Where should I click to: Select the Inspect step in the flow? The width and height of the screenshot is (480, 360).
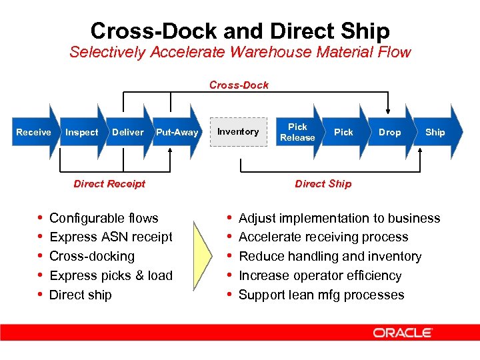click(82, 132)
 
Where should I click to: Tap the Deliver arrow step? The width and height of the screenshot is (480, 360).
click(128, 132)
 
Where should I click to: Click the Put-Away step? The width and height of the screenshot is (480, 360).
click(177, 132)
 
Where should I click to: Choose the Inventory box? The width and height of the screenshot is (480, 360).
click(238, 131)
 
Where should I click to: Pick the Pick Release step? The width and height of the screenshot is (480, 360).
click(297, 132)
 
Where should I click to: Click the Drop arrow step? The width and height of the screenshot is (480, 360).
click(390, 132)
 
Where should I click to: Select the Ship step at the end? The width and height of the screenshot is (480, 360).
click(436, 132)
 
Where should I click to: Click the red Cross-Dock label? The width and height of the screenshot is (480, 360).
click(239, 85)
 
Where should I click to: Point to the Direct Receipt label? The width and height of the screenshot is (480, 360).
click(109, 183)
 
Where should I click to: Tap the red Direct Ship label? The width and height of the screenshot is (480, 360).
click(323, 183)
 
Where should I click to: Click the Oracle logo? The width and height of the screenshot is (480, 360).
click(403, 333)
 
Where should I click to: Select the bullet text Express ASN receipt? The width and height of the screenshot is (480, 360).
click(111, 237)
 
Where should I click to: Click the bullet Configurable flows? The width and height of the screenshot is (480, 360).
click(104, 218)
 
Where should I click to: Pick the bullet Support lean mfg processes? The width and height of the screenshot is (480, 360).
click(321, 295)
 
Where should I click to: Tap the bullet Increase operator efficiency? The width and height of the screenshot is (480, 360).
click(320, 275)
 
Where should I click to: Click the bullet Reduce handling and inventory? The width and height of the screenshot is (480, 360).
click(330, 256)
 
